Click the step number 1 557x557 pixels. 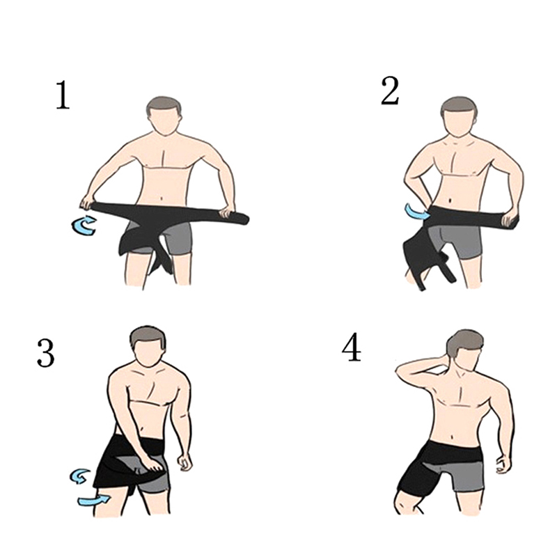pos(63,95)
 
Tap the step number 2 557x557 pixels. pos(390,91)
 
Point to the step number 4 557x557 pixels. pos(352,348)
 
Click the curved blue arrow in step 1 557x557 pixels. pos(84,226)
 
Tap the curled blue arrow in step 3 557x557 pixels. pos(80,476)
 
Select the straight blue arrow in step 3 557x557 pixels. pos(94,500)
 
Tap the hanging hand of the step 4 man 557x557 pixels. pos(503,463)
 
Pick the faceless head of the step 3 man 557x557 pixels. pos(148,349)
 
